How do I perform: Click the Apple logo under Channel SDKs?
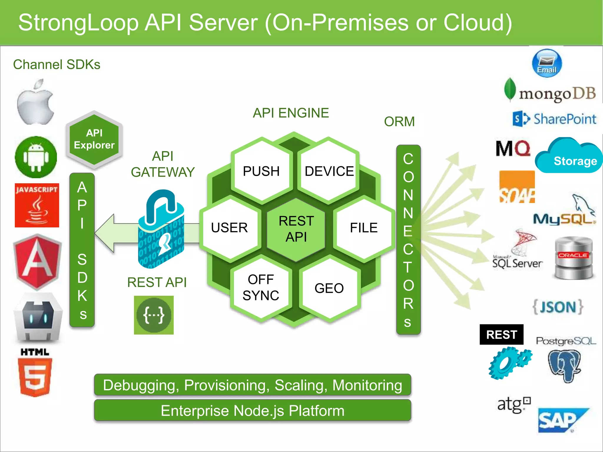coord(35,103)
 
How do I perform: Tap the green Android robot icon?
coord(36,157)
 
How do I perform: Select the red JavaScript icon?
coord(37,205)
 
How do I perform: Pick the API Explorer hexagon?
coord(94,139)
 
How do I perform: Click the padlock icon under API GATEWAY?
coord(161,230)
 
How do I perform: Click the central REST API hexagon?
coord(296,229)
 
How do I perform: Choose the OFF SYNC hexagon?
coord(261,288)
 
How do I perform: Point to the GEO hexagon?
coord(329,288)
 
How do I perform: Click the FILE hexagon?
coord(364,228)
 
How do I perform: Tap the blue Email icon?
coord(547,63)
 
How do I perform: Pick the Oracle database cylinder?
coord(573,258)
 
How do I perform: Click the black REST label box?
coord(501,335)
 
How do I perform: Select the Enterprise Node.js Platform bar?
coord(252,411)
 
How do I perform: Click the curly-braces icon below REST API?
coord(154,315)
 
